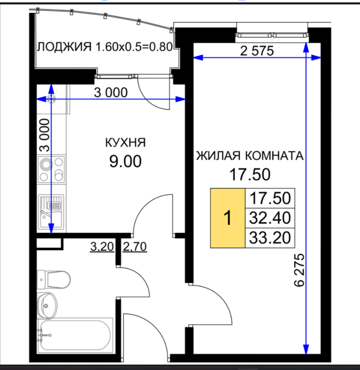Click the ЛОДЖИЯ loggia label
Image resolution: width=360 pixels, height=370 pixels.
tap(64, 47)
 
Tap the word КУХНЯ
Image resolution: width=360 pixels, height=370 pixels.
tap(125, 143)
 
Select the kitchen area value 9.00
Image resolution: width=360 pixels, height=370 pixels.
tap(125, 162)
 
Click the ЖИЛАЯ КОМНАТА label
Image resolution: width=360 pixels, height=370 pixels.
tap(250, 156)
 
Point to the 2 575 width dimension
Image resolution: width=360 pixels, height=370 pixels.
tap(257, 51)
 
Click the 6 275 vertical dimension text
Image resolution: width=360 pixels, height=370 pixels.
tap(299, 270)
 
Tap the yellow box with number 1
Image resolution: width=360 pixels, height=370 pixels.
tap(227, 218)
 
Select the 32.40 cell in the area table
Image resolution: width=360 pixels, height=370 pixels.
tap(270, 218)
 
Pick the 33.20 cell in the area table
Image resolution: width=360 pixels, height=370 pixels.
tap(270, 238)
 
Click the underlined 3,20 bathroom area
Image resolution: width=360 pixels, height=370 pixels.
tap(102, 247)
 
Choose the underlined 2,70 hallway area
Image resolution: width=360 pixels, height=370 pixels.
tap(135, 247)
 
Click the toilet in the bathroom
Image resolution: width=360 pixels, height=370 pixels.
tap(54, 280)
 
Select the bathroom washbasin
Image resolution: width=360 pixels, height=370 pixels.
tap(47, 306)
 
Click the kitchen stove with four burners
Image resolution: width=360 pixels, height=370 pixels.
tap(51, 169)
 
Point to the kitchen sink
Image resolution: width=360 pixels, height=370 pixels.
tap(51, 212)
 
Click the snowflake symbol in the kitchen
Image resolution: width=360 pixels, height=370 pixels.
tap(51, 99)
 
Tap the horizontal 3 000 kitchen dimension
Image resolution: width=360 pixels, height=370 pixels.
tap(111, 92)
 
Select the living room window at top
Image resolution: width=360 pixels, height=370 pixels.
tap(272, 35)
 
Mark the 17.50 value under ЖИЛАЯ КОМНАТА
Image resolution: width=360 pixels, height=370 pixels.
tap(250, 175)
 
